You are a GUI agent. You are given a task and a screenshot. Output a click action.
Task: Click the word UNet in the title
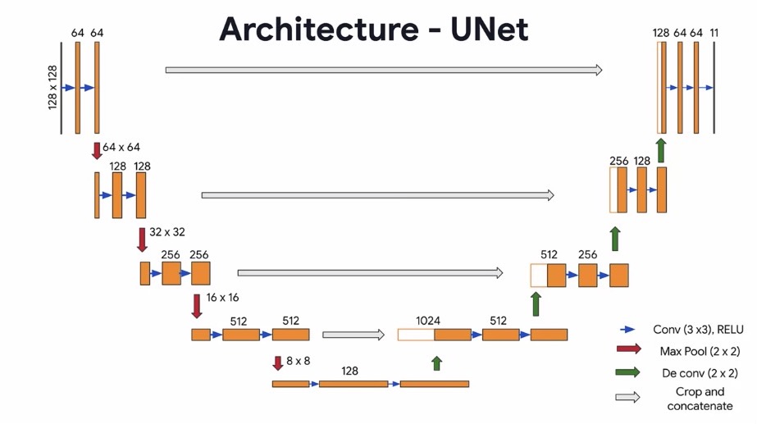(x=489, y=30)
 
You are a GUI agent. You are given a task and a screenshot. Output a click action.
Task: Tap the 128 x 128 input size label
(x=52, y=88)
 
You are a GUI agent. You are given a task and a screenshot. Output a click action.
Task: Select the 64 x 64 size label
(x=121, y=147)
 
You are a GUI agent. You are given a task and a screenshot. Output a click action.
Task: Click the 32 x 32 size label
(x=167, y=232)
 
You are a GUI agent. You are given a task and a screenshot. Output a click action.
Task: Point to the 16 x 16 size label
(x=222, y=298)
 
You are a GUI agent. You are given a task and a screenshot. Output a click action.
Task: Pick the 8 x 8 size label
(x=298, y=361)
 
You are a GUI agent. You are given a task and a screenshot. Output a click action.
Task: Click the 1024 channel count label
(x=428, y=321)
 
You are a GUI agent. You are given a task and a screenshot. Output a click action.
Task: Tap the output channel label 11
(x=714, y=33)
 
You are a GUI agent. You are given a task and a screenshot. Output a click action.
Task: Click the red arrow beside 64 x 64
(x=97, y=151)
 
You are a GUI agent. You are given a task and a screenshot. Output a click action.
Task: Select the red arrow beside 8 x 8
(x=277, y=363)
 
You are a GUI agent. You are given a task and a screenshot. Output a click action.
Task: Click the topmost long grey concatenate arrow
(x=384, y=70)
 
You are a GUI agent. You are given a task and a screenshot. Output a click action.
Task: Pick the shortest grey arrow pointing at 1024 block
(x=353, y=335)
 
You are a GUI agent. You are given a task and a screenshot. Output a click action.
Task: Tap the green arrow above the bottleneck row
(x=436, y=363)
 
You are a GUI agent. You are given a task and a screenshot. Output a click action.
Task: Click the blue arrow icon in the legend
(x=627, y=330)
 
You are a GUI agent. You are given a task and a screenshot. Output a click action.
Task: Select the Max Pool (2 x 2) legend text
(x=700, y=351)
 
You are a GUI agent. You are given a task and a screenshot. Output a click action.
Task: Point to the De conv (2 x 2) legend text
(x=700, y=373)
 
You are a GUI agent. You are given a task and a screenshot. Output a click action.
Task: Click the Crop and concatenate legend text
(x=700, y=399)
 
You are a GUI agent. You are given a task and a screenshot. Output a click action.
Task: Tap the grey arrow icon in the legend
(x=627, y=398)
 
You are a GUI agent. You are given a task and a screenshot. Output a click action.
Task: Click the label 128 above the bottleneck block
(x=349, y=371)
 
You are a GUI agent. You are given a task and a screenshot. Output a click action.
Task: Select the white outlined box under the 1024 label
(x=416, y=335)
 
